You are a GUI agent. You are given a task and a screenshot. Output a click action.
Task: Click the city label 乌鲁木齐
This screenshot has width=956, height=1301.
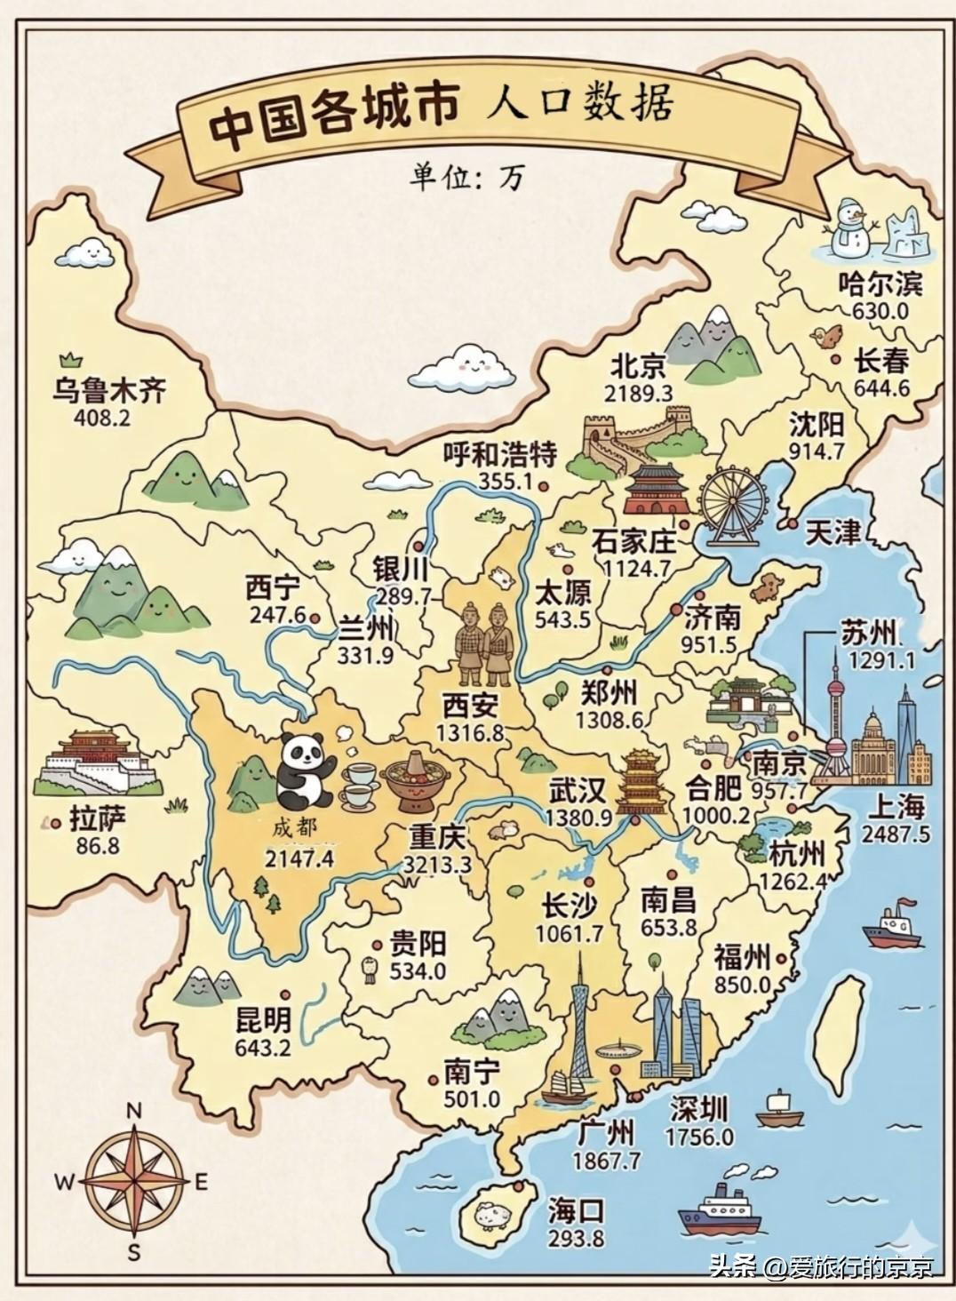point(109,389)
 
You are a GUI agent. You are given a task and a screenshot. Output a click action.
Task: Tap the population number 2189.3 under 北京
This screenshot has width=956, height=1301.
point(638,393)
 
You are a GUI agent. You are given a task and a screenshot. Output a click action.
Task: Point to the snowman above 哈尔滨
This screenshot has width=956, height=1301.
point(849,228)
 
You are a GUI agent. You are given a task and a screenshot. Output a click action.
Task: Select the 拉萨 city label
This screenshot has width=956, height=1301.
point(98,818)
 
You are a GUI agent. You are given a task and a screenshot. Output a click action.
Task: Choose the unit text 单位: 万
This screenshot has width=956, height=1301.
point(466,177)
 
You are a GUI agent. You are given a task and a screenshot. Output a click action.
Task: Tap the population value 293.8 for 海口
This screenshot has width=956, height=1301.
point(575,1238)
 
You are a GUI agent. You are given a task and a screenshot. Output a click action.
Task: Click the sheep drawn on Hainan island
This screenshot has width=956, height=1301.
point(490,1215)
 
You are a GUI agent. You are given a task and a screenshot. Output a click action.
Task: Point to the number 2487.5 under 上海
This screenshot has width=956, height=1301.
point(896,834)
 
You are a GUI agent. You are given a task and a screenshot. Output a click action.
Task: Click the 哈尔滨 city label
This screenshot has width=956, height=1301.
point(880,284)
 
